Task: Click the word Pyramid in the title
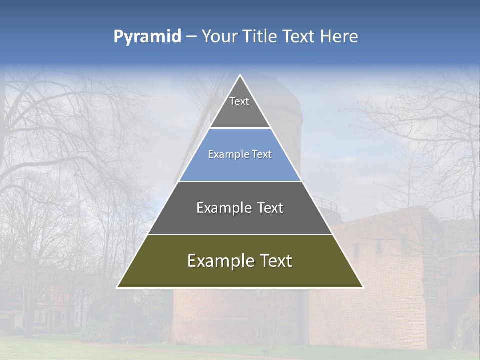(147, 37)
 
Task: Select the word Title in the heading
(261, 37)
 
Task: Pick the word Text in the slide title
(300, 37)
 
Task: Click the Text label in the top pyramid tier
(239, 102)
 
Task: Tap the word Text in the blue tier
(262, 155)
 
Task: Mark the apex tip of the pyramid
(240, 75)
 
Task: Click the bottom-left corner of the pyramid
(118, 287)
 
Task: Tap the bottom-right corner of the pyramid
(363, 287)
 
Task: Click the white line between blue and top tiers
(240, 128)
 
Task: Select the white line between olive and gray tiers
(240, 234)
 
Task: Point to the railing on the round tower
(325, 203)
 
